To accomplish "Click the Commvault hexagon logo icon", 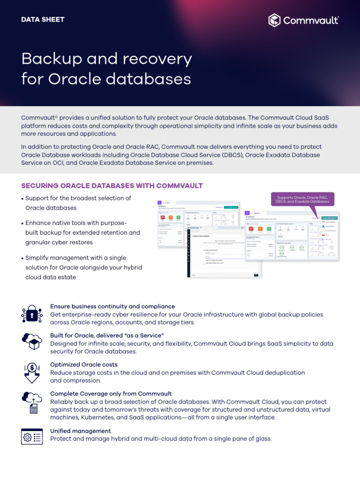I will click(x=275, y=20).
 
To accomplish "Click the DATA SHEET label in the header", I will click(x=43, y=20).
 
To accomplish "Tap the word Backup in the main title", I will click(x=52, y=59).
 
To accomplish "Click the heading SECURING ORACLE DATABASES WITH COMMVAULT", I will click(x=112, y=186).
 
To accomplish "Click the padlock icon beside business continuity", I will click(x=32, y=314).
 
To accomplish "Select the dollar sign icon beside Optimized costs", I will click(x=32, y=372).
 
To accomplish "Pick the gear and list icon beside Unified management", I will click(x=32, y=436).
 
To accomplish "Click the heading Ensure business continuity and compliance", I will click(x=112, y=307).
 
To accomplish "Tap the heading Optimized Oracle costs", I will click(x=84, y=365).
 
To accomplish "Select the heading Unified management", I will click(x=81, y=431).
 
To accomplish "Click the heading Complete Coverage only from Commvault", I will click(x=111, y=394).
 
